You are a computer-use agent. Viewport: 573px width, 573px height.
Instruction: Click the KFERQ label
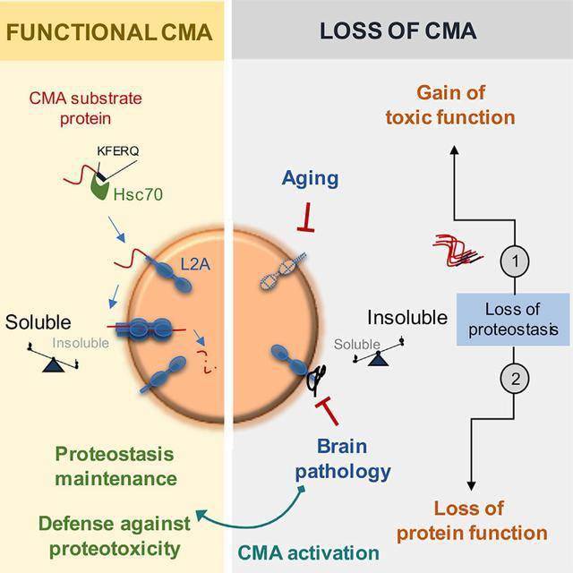[117, 151]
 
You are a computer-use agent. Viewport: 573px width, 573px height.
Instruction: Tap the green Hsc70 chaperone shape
[99, 187]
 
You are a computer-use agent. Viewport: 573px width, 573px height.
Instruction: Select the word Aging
[310, 179]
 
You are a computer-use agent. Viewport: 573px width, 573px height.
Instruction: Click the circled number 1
[515, 261]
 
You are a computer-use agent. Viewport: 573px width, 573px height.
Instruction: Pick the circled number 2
[515, 379]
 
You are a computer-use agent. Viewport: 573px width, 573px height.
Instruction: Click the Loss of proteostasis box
[513, 319]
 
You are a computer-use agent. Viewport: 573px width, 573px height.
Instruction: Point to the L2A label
[195, 264]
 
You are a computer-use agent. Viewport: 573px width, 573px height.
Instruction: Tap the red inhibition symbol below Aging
[306, 218]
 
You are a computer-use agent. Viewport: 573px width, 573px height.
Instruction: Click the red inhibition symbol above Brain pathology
[328, 410]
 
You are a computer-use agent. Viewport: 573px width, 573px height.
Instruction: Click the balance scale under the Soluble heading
[53, 359]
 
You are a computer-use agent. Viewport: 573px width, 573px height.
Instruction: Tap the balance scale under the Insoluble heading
[379, 353]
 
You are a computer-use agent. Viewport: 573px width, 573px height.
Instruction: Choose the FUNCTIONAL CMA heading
[109, 32]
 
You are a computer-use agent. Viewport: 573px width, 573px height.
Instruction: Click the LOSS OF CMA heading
[398, 30]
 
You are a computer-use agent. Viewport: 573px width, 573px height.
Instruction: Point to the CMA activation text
[308, 552]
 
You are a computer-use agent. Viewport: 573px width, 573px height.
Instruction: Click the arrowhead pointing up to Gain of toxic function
[454, 150]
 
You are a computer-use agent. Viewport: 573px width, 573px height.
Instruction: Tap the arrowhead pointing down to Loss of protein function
[472, 486]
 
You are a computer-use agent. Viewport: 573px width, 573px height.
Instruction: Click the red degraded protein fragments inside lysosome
[206, 362]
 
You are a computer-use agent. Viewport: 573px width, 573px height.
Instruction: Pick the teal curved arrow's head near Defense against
[201, 515]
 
